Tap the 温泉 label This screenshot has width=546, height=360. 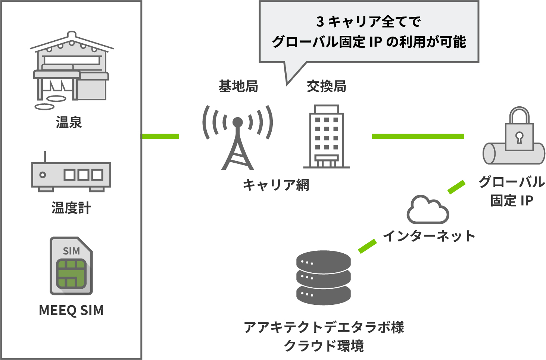click(69, 122)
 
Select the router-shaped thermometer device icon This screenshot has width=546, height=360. click(71, 174)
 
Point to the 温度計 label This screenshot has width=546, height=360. click(71, 208)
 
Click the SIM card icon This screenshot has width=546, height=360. click(71, 266)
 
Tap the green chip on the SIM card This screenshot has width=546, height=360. click(71, 273)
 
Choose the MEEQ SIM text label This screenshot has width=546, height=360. click(71, 310)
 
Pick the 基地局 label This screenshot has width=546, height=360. click(238, 87)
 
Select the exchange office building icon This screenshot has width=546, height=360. click(327, 137)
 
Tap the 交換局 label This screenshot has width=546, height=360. click(327, 87)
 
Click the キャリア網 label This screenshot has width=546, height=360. click(276, 185)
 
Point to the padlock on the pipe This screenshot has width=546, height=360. click(519, 131)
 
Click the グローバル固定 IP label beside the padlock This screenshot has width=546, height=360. click(512, 191)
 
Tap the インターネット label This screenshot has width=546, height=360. click(429, 236)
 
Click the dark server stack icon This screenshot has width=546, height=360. click(324, 278)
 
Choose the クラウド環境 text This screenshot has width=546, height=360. click(324, 346)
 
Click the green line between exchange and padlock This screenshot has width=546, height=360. click(418, 137)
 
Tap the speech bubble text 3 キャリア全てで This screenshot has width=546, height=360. click(369, 22)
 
